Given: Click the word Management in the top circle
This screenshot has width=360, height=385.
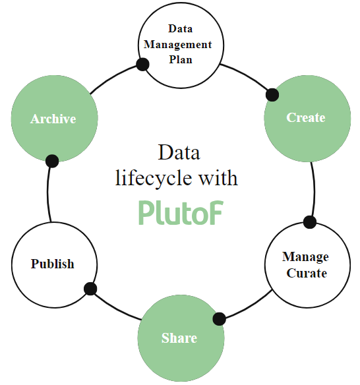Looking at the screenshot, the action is point(177,45).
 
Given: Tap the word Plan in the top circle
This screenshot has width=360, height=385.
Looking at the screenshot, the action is point(181,60).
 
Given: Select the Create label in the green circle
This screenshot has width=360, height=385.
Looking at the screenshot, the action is point(306,117).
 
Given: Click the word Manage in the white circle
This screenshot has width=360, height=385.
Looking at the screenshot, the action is point(305,257).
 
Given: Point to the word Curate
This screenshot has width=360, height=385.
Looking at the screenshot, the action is point(307,273).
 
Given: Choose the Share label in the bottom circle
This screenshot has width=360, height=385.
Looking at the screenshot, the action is point(179,338).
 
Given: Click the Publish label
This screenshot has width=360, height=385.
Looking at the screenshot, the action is point(52,264).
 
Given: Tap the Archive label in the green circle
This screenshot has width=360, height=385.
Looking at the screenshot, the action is point(53,119).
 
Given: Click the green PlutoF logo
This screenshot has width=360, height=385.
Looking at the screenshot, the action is point(181,212).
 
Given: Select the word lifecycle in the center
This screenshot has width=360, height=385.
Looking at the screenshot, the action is point(154,178).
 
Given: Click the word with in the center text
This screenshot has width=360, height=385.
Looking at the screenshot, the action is point(218,177).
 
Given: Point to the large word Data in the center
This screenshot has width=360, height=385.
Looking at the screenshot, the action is point(179,152).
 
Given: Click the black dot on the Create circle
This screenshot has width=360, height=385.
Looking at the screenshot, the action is point(272,95).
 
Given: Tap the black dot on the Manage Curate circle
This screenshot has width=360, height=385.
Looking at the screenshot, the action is point(310,222).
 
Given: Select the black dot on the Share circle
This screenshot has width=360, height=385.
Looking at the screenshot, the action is point(219,319).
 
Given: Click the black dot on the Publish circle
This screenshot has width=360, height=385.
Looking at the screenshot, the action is point(90,289).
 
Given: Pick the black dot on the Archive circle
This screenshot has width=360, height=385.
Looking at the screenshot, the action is point(52,162).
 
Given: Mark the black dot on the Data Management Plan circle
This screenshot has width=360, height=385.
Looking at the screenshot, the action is point(142,65).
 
